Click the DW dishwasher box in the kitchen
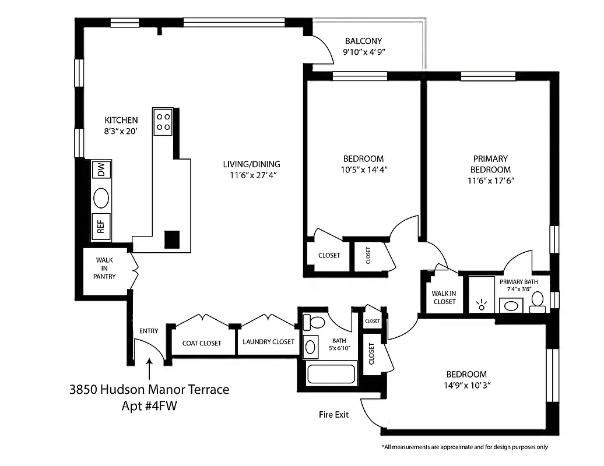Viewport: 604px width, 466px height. point(101,170)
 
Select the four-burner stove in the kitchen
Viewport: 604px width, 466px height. point(163,122)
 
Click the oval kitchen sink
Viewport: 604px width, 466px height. point(101,198)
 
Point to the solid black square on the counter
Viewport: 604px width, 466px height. point(172,239)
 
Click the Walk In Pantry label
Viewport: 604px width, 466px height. point(104,269)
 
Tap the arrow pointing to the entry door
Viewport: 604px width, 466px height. point(150,369)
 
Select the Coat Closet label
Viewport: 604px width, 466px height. point(202,343)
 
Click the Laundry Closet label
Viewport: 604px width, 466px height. point(269,342)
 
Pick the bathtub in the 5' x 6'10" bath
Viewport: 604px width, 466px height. point(331,374)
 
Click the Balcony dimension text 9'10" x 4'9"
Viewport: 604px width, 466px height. point(364,52)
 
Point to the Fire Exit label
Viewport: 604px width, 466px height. point(333,415)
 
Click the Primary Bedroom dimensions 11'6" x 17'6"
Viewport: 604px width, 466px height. point(490,181)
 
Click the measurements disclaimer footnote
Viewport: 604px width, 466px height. point(465,447)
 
